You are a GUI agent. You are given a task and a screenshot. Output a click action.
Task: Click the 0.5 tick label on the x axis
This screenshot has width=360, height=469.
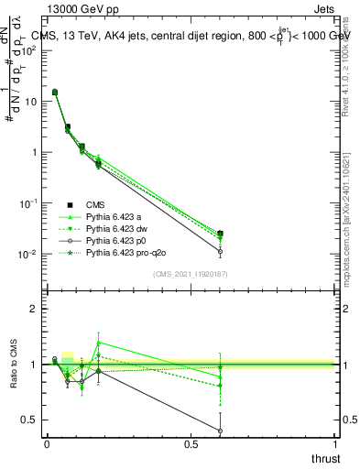pos(191,444)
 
